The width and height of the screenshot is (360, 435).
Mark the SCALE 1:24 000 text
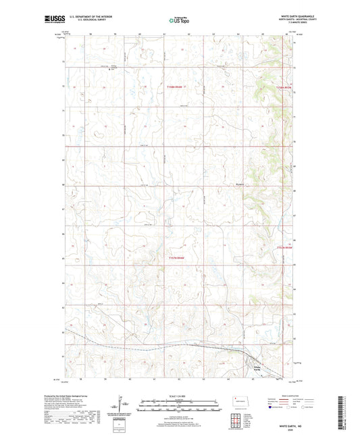pos(180,395)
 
